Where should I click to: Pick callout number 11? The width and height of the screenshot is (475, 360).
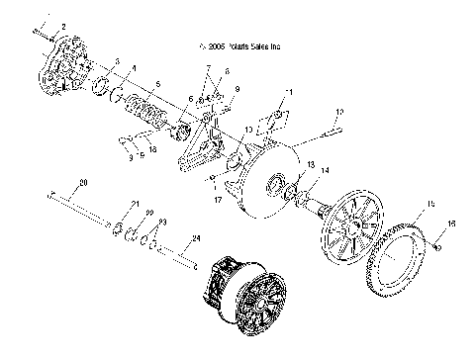point(289,92)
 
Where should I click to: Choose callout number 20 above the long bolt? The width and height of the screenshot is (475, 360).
point(83,183)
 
